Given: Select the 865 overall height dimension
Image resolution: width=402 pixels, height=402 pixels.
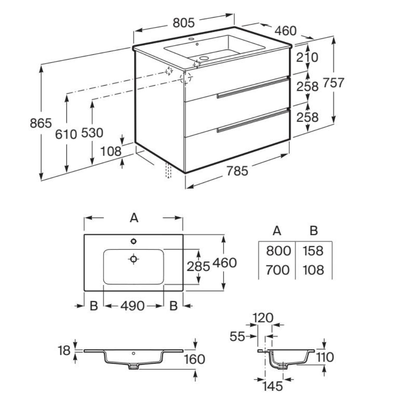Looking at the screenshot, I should click(41, 123).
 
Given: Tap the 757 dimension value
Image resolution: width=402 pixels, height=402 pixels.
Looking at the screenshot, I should click(334, 83).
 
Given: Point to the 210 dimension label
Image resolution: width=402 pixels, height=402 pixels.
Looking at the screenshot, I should click(307, 58).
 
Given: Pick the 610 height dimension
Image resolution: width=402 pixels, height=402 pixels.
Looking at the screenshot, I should click(66, 133).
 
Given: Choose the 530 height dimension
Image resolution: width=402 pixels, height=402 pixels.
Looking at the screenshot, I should click(92, 132).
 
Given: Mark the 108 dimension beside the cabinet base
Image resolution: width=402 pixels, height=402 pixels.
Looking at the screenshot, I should click(111, 151).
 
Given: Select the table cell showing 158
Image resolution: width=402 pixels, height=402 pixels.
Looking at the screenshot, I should click(313, 251).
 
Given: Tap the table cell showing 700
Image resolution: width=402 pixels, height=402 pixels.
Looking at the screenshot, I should click(278, 270).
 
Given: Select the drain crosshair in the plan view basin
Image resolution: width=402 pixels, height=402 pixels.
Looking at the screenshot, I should click(134, 259).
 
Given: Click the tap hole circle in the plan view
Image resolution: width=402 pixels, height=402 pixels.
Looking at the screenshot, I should click(134, 241).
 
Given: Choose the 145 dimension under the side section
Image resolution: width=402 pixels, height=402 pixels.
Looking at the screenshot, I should click(274, 386).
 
